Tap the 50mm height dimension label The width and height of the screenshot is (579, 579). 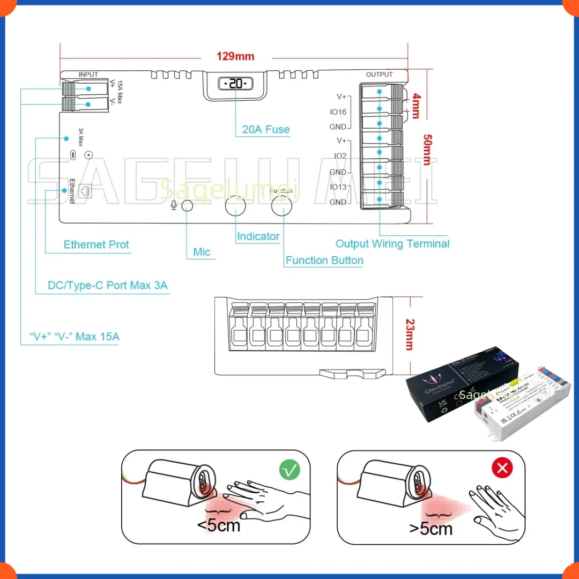426,149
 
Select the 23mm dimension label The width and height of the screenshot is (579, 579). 409,335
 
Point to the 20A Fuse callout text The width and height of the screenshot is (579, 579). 266,129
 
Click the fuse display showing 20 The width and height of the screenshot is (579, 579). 235,84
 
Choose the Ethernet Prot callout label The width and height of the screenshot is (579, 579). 96,244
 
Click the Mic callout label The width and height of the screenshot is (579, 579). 202,252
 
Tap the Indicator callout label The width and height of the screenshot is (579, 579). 258,236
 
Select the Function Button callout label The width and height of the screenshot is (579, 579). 324,261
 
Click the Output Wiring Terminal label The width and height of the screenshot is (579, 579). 392,244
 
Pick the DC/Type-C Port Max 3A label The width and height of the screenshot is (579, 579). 108,285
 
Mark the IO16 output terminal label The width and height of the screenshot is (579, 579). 338,112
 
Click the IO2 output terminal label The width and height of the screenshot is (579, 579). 340,156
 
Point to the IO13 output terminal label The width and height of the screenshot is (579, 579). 338,187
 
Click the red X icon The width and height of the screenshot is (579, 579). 502,469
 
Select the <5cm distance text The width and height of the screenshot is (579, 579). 219,525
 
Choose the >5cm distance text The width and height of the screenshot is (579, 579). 430,529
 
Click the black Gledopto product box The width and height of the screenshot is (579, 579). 450,389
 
